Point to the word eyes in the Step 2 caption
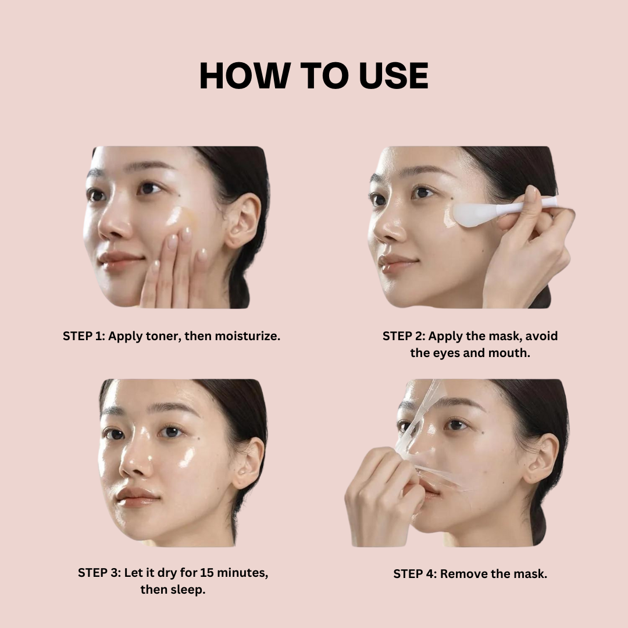(445, 353)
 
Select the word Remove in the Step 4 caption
(462, 574)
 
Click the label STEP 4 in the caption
(414, 574)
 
